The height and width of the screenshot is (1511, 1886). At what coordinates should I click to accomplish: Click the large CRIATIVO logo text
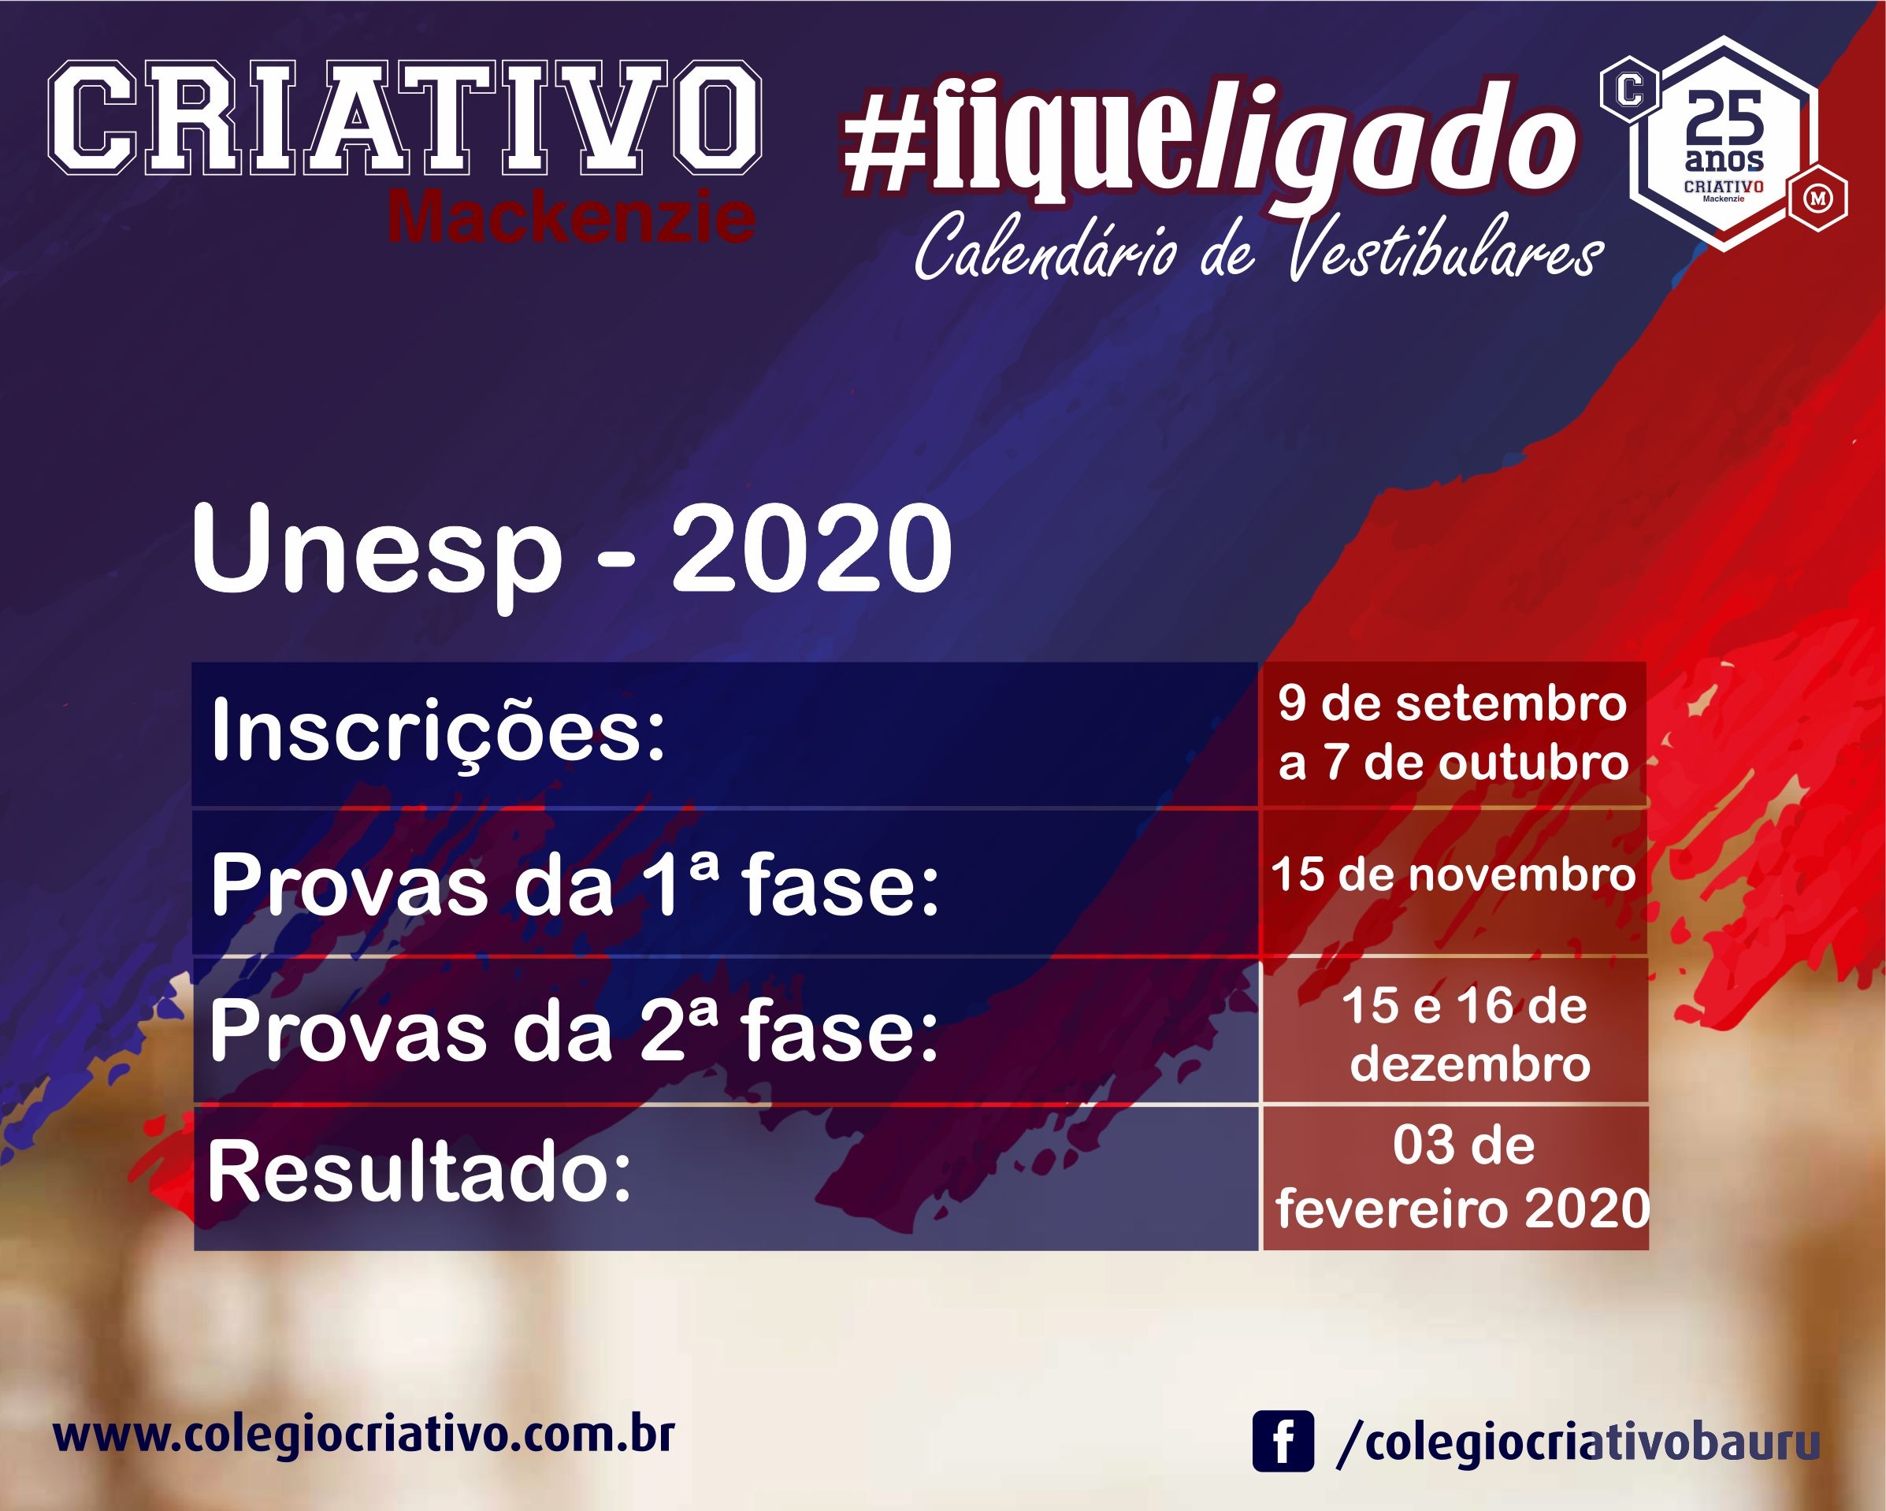[x=405, y=117]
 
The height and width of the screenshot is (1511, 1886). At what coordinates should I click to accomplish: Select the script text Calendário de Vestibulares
[x=1259, y=246]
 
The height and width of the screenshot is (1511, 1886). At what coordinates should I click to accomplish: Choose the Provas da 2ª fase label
[x=573, y=1031]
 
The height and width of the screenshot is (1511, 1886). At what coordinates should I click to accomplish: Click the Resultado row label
[x=420, y=1173]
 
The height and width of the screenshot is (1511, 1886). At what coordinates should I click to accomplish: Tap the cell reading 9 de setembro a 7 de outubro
[x=1453, y=733]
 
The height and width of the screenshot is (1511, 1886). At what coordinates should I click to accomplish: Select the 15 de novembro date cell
[x=1453, y=881]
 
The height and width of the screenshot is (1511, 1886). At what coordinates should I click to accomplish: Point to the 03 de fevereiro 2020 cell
[x=1455, y=1179]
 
